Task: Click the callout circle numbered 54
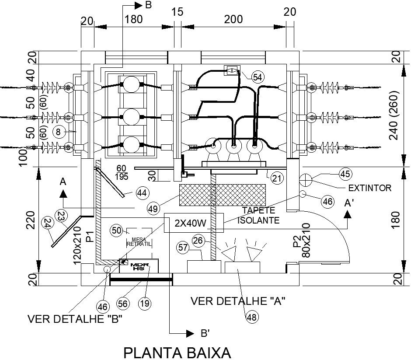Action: tap(258, 77)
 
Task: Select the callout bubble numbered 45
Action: tap(345, 174)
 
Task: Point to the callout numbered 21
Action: tap(276, 178)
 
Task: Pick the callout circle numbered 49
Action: tap(153, 209)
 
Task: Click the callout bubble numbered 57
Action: tap(184, 248)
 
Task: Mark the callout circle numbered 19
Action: tap(145, 302)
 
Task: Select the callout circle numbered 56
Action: tap(123, 302)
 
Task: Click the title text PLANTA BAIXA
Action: tap(177, 352)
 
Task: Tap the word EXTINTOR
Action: tap(369, 189)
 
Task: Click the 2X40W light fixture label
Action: tap(190, 223)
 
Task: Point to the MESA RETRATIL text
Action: tap(139, 241)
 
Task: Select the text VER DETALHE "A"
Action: tap(238, 301)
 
